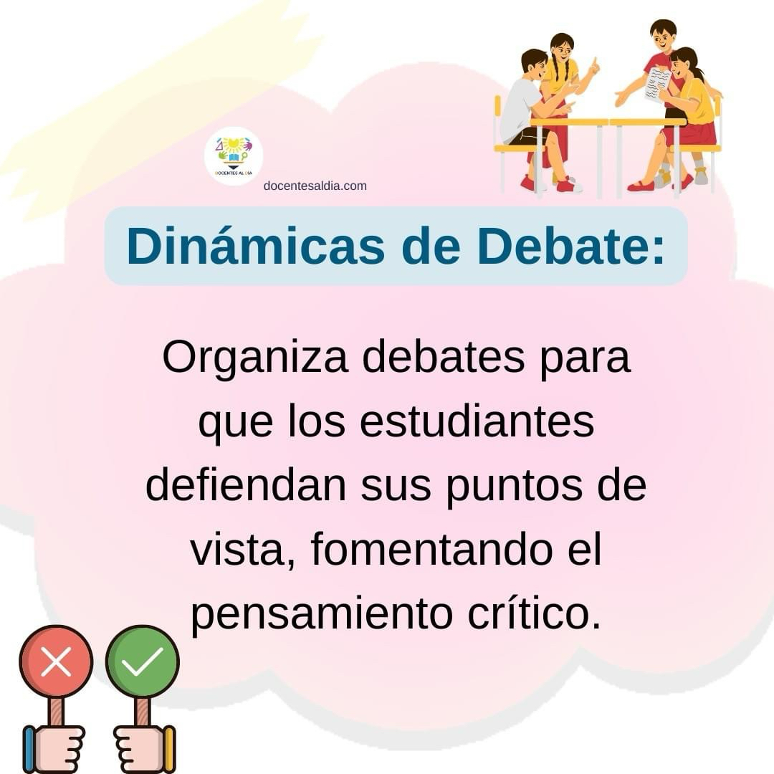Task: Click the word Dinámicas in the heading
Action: (256, 246)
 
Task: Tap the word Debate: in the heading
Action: (571, 246)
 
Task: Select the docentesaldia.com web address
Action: (315, 186)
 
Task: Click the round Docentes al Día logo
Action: (234, 156)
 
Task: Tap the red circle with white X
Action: (56, 661)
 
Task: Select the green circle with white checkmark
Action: (142, 661)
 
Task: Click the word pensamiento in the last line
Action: (322, 615)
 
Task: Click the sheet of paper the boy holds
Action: (657, 84)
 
